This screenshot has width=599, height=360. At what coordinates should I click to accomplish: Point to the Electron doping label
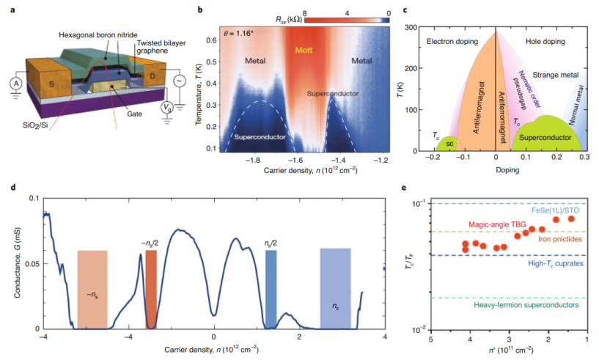tap(451, 42)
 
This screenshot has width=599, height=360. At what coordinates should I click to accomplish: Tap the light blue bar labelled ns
tap(336, 289)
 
